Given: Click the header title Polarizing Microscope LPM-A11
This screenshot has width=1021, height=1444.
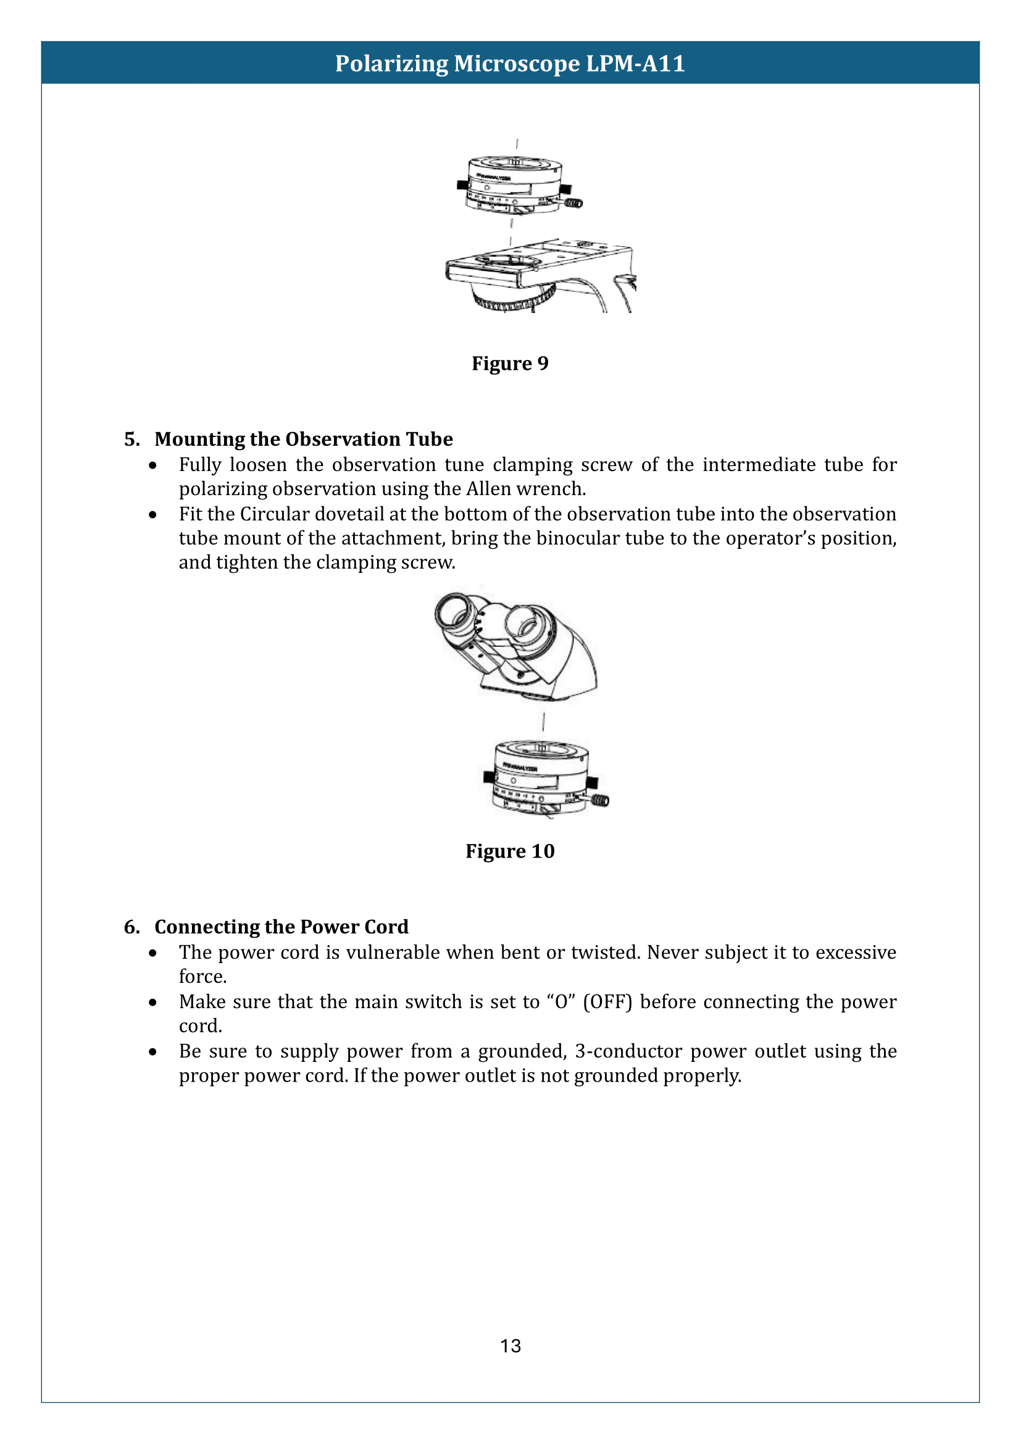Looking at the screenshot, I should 510,64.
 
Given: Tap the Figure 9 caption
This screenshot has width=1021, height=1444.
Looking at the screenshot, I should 510,364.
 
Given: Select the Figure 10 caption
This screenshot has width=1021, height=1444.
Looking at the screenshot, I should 510,851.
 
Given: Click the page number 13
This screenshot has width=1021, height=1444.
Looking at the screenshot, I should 510,1345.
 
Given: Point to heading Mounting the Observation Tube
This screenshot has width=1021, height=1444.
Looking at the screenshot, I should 304,439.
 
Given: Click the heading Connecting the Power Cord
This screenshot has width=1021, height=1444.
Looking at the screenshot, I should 281,927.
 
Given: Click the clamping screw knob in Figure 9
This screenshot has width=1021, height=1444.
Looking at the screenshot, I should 574,203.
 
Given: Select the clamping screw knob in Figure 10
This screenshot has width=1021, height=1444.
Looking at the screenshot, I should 601,801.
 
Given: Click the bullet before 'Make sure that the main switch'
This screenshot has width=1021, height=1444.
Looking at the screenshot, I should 152,1003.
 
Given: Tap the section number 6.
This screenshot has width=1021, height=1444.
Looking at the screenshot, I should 131,927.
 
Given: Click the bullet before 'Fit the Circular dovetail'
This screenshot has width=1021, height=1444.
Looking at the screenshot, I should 152,514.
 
